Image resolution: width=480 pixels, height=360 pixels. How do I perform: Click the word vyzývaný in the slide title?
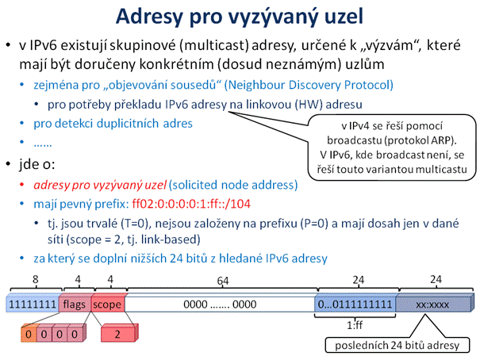point(274,17)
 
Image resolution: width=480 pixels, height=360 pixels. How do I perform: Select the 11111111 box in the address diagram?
point(33,304)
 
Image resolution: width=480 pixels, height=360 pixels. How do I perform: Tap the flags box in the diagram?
point(75,304)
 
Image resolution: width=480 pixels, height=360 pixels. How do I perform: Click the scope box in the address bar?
point(107,304)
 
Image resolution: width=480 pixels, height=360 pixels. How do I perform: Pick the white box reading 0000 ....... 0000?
point(220,304)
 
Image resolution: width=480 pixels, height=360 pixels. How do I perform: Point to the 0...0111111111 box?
point(355,304)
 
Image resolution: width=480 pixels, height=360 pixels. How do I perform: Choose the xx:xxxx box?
point(433,304)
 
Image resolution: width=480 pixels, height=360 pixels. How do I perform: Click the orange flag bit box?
point(29,334)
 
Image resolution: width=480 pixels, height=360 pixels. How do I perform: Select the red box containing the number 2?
point(119,333)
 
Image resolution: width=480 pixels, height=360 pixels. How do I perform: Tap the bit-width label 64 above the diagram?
point(223,281)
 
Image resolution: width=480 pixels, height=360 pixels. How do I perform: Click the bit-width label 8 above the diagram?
point(36,280)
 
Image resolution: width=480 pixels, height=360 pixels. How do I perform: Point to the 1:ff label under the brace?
point(355,325)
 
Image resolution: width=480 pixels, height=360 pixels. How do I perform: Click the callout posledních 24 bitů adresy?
point(397,345)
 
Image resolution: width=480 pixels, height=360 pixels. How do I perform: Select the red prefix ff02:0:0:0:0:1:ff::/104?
point(191,204)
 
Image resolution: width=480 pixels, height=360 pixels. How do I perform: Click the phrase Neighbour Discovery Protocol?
point(309,85)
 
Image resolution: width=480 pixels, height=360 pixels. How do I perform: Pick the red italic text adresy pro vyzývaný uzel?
point(100,185)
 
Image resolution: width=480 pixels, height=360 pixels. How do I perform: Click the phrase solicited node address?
point(233,185)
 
